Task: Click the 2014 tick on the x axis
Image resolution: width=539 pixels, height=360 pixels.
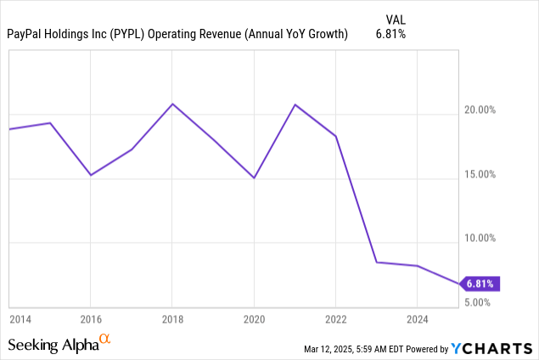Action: click(20, 318)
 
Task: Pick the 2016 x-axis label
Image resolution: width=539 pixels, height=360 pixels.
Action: click(91, 318)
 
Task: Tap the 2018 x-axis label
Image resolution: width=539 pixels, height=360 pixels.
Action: click(172, 318)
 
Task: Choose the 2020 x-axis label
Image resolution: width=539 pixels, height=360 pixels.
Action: click(254, 318)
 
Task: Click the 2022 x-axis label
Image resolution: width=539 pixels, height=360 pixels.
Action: click(335, 318)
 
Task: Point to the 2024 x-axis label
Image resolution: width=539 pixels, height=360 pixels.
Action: click(417, 318)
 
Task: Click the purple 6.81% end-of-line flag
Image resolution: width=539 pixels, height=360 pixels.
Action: click(478, 284)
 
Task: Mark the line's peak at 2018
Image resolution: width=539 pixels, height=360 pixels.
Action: click(172, 104)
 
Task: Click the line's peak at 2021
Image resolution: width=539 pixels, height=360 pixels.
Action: click(295, 104)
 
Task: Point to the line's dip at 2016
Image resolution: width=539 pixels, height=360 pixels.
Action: click(91, 175)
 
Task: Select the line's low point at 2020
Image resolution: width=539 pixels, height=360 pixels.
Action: click(254, 177)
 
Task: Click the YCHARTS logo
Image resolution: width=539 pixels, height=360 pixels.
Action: click(492, 347)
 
